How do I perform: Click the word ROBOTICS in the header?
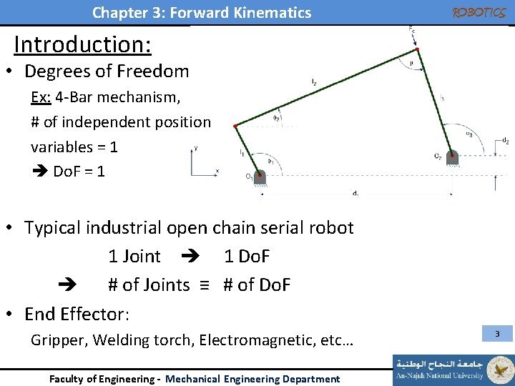point(479,13)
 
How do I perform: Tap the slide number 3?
point(497,334)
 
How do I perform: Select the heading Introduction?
point(82,44)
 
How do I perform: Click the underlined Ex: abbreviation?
point(40,97)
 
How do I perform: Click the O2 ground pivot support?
point(453,158)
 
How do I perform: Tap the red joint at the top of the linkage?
point(417,49)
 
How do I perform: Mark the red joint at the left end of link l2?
point(235,126)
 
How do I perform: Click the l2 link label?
point(315,83)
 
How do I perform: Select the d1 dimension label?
point(355,193)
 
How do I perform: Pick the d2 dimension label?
point(505,141)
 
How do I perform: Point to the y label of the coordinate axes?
point(196,149)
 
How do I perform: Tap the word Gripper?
point(59,340)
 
